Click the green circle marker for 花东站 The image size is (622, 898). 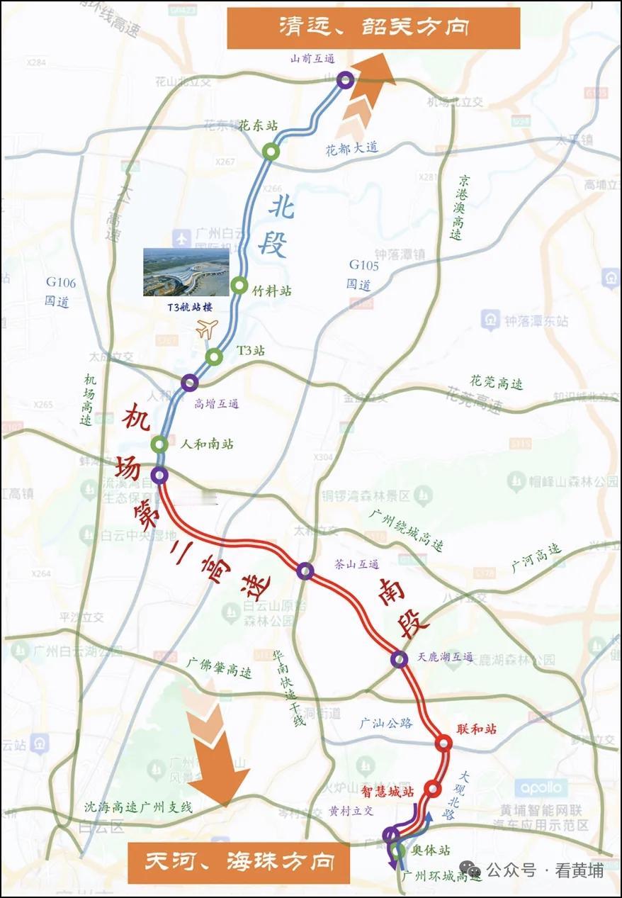click(x=271, y=151)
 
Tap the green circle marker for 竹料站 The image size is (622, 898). click(x=239, y=286)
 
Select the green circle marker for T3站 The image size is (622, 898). click(x=215, y=357)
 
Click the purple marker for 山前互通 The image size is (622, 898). click(x=345, y=79)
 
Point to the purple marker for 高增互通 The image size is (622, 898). click(x=189, y=383)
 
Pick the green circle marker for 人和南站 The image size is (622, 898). click(x=159, y=444)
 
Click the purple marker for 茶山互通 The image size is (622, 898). click(x=305, y=571)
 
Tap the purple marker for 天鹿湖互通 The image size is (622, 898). click(x=400, y=660)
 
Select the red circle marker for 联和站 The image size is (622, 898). click(x=443, y=743)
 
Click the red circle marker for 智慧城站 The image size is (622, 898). click(x=433, y=789)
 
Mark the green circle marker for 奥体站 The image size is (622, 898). click(x=398, y=851)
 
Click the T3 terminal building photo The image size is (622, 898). click(x=186, y=271)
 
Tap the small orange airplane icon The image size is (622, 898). click(x=207, y=329)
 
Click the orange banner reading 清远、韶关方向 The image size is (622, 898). click(x=373, y=28)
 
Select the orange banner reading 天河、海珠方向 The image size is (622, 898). click(x=239, y=862)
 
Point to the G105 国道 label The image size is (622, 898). click(x=364, y=275)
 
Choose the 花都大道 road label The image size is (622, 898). click(x=352, y=147)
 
